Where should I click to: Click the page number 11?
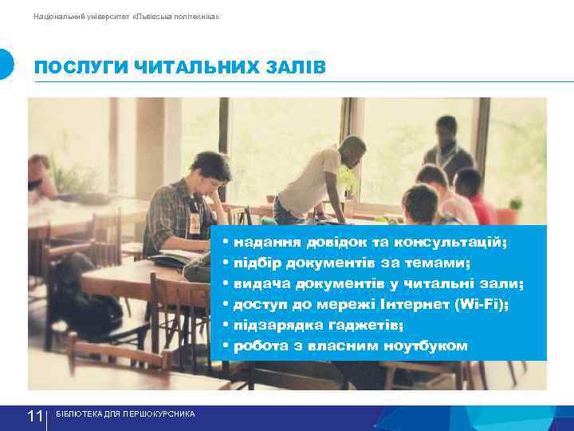tap(35, 417)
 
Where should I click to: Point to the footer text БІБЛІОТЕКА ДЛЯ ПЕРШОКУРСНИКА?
tap(125, 413)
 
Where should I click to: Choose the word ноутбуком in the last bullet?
tap(426, 346)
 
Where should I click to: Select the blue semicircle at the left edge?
tap(6, 64)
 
